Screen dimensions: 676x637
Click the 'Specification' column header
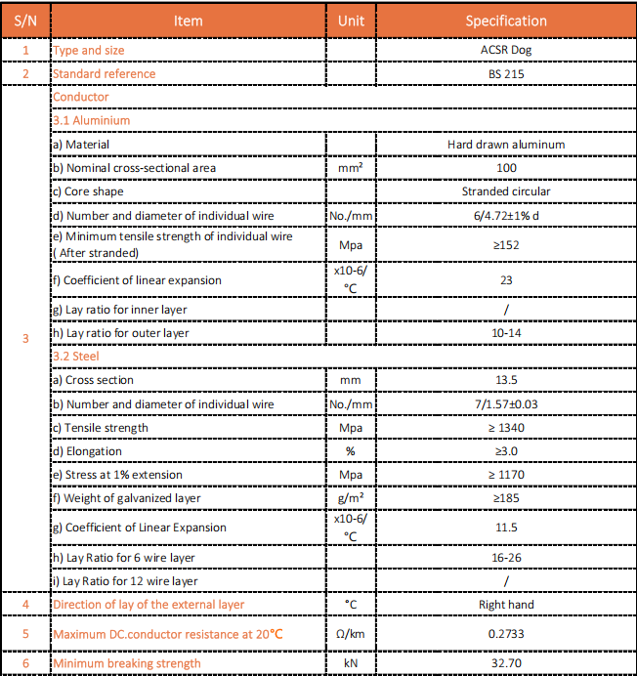point(506,21)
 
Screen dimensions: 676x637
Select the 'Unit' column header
point(351,21)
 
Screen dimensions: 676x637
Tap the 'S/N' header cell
point(25,21)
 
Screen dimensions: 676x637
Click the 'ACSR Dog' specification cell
point(506,50)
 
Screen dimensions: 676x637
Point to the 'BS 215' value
point(506,73)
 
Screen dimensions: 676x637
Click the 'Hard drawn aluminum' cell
point(506,145)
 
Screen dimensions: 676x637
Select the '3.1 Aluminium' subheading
point(91,120)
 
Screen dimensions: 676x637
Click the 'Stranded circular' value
point(506,191)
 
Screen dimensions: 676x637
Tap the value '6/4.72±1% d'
point(506,215)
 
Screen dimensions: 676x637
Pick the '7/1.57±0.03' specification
point(506,404)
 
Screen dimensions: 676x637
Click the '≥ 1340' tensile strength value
point(506,428)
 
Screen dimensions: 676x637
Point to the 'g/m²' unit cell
point(351,498)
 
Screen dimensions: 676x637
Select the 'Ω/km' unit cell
point(351,634)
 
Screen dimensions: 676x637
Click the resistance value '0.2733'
point(506,634)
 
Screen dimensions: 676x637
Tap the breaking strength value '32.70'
point(506,663)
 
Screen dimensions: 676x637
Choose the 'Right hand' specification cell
point(506,605)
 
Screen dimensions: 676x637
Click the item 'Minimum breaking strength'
point(127,663)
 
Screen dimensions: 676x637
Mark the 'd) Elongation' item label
point(87,451)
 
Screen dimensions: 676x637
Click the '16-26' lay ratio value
point(506,557)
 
